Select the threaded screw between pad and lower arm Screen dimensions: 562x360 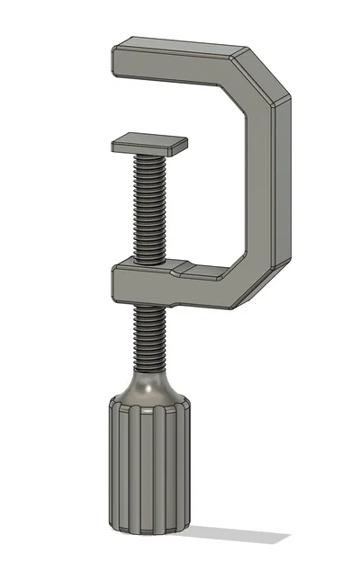(148, 207)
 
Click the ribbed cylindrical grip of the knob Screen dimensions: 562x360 (148, 468)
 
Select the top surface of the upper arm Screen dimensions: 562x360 (180, 46)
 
